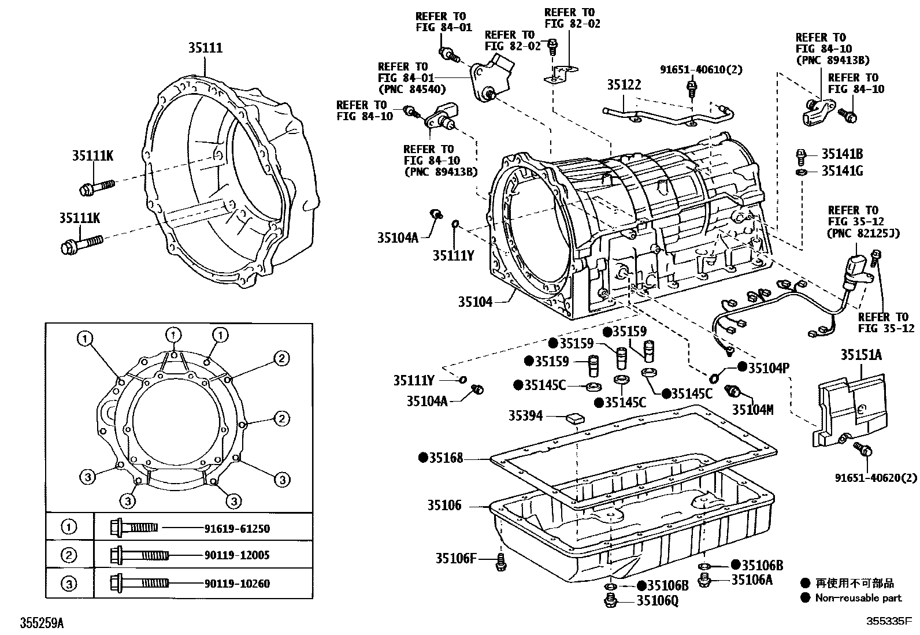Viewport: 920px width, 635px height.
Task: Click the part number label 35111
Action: (x=205, y=49)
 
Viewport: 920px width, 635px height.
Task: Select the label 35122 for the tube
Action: (x=624, y=86)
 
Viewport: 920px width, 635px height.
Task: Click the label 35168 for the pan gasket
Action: (x=446, y=458)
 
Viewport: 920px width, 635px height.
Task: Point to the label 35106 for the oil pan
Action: (x=444, y=506)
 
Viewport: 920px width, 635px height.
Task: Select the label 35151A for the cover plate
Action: (x=860, y=355)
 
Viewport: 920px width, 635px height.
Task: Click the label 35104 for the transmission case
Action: (x=475, y=302)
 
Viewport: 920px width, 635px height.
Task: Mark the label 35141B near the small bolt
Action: (x=842, y=154)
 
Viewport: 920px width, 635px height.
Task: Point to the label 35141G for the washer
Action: (x=842, y=172)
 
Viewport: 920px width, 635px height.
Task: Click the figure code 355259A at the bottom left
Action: (x=42, y=623)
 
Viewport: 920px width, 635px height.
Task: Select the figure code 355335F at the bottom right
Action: (x=889, y=623)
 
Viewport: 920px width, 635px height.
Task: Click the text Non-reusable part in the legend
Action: (x=858, y=598)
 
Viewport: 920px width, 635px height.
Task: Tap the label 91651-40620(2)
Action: (x=876, y=478)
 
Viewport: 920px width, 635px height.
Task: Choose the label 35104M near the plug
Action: (x=752, y=410)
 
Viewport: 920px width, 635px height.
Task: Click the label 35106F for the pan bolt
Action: (x=456, y=558)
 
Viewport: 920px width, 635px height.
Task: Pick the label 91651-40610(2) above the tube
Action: (x=701, y=70)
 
